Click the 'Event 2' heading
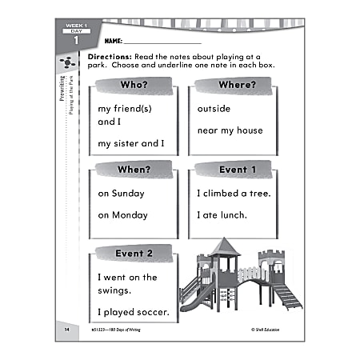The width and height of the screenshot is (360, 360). coord(134,254)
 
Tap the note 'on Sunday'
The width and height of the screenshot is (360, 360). coord(120,194)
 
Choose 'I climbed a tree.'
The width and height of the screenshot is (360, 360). coord(234,194)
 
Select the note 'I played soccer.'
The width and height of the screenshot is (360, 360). coord(133,311)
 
